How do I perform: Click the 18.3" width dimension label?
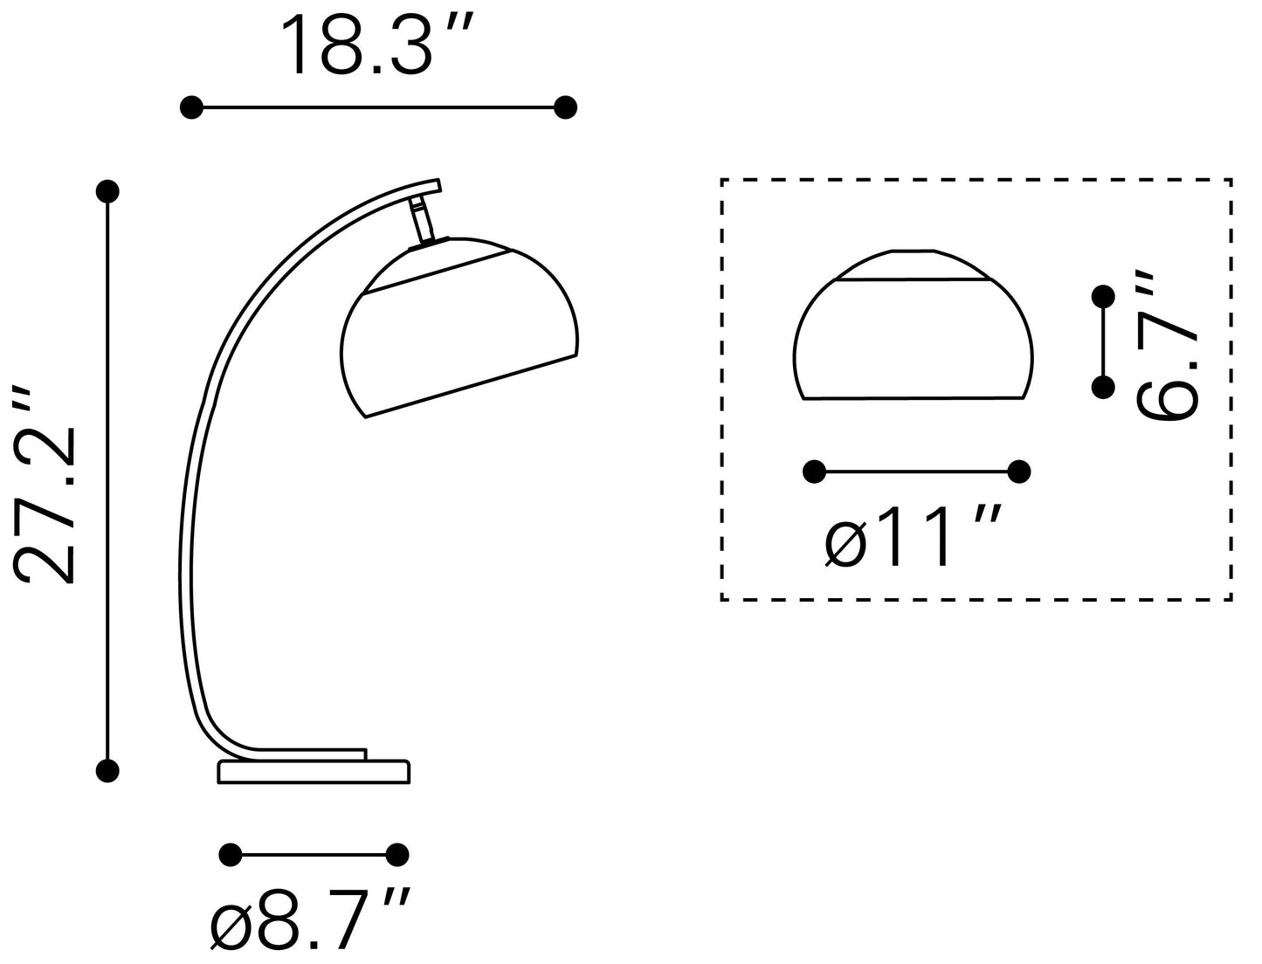[x=376, y=45]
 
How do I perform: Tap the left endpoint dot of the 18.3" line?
[x=191, y=107]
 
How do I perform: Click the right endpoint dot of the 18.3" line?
[x=565, y=107]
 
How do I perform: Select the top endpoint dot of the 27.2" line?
[x=107, y=191]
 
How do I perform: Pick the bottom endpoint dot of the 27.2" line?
[x=107, y=770]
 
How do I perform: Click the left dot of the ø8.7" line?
[x=231, y=855]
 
